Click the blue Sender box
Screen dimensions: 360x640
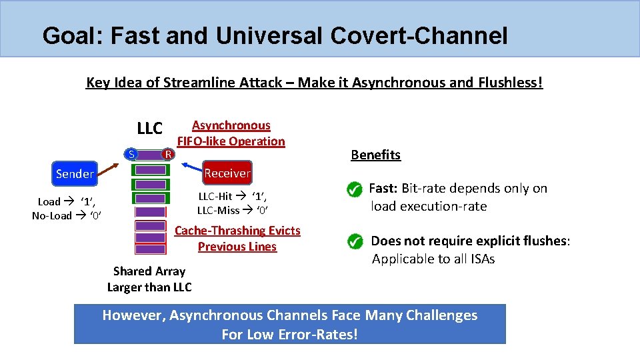tap(75, 173)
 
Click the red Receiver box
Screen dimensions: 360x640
tap(227, 173)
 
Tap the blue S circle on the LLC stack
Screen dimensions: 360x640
tap(132, 155)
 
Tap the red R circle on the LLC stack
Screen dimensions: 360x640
tap(169, 155)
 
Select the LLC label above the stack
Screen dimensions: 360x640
tap(149, 128)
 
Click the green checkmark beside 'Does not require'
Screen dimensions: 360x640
tap(355, 241)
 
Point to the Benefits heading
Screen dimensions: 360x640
tap(375, 155)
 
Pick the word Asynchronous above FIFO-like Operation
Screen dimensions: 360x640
tap(231, 125)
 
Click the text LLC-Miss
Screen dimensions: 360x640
tap(219, 210)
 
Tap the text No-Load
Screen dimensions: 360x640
tap(51, 215)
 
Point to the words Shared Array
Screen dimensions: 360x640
tap(149, 271)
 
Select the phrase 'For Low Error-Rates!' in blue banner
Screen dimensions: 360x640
tap(289, 334)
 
